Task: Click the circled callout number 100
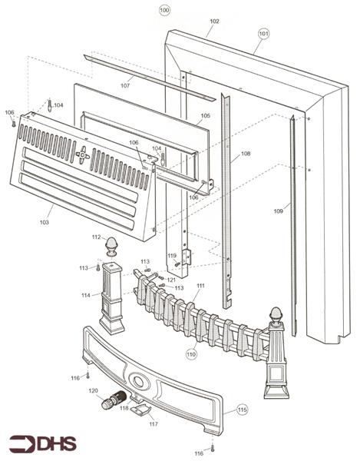164,10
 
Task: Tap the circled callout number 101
263,34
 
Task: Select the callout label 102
214,22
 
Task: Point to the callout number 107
125,85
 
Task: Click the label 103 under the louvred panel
45,222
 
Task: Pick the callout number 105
205,115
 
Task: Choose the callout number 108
246,153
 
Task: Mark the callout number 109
278,211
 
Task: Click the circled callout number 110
191,354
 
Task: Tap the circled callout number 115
243,410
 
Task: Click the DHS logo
43,443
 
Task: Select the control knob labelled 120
114,400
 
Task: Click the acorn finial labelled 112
111,247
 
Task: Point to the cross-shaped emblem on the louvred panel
82,154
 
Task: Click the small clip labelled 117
140,410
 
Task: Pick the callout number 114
86,295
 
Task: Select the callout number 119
172,256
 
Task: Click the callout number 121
171,280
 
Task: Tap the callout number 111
200,286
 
